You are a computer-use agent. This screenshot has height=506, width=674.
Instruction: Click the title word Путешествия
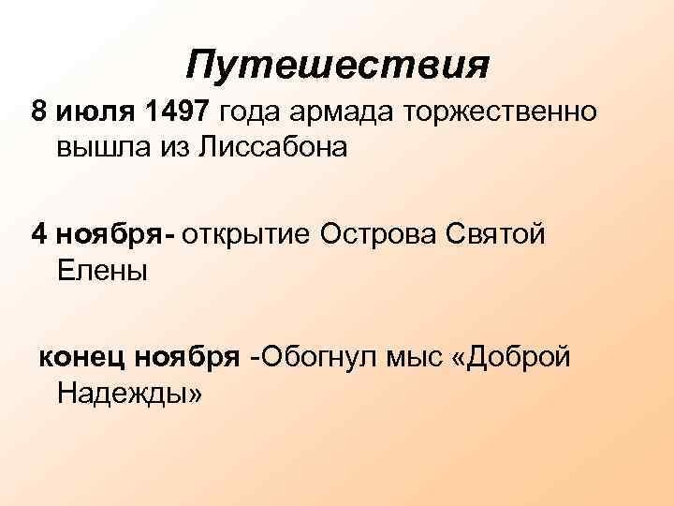coord(337,66)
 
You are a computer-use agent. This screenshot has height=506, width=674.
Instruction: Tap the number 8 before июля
coord(38,113)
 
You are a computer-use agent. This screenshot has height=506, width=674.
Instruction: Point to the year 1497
coord(178,113)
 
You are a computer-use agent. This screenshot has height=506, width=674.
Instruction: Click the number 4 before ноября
coord(38,233)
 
